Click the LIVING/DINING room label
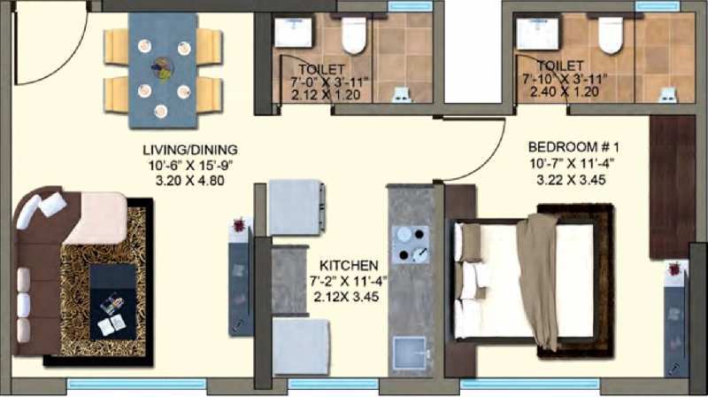[190, 150]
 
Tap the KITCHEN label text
[349, 266]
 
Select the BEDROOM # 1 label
[573, 147]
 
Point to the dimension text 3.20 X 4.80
[189, 181]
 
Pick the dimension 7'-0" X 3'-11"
[329, 82]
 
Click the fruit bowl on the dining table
[163, 69]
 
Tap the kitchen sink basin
[409, 353]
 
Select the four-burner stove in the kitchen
[411, 245]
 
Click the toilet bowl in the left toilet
[353, 35]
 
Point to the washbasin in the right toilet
[537, 34]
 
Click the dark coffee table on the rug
[113, 302]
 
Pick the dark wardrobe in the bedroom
[673, 187]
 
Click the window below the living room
[136, 385]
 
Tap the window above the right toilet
[658, 6]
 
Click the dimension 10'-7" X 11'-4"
[572, 163]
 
